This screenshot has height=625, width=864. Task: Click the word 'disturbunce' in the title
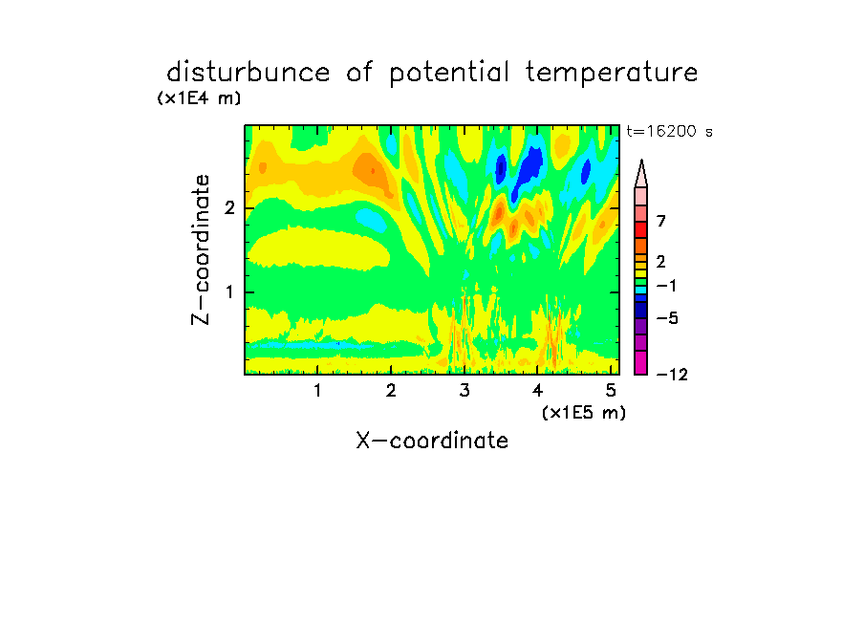coord(248,72)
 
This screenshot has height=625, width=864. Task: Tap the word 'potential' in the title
coord(449,73)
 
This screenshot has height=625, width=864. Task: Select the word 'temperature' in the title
coord(612,73)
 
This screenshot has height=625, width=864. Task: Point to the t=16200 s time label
coord(669,131)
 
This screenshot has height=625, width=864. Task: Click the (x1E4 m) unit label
coord(199,98)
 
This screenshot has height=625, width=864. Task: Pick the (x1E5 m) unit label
coord(584,412)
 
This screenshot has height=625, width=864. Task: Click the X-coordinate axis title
coord(432,441)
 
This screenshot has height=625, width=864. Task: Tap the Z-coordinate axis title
coord(201,249)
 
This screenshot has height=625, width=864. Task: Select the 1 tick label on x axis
coord(317,391)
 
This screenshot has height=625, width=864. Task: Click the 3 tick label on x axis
coord(464,391)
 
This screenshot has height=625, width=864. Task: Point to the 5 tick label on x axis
coord(611,391)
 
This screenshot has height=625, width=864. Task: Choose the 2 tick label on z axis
coord(229,208)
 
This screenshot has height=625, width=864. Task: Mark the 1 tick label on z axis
coord(229,292)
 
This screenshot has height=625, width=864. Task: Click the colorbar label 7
coord(661,222)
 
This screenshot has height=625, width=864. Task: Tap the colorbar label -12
coord(672,375)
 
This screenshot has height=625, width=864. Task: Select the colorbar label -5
coord(667,318)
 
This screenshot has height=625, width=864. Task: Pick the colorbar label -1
coord(666,286)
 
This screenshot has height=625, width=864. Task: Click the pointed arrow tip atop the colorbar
coord(641,160)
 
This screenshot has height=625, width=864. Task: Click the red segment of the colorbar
coord(641,229)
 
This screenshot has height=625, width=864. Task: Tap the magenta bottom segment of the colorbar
coord(641,362)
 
